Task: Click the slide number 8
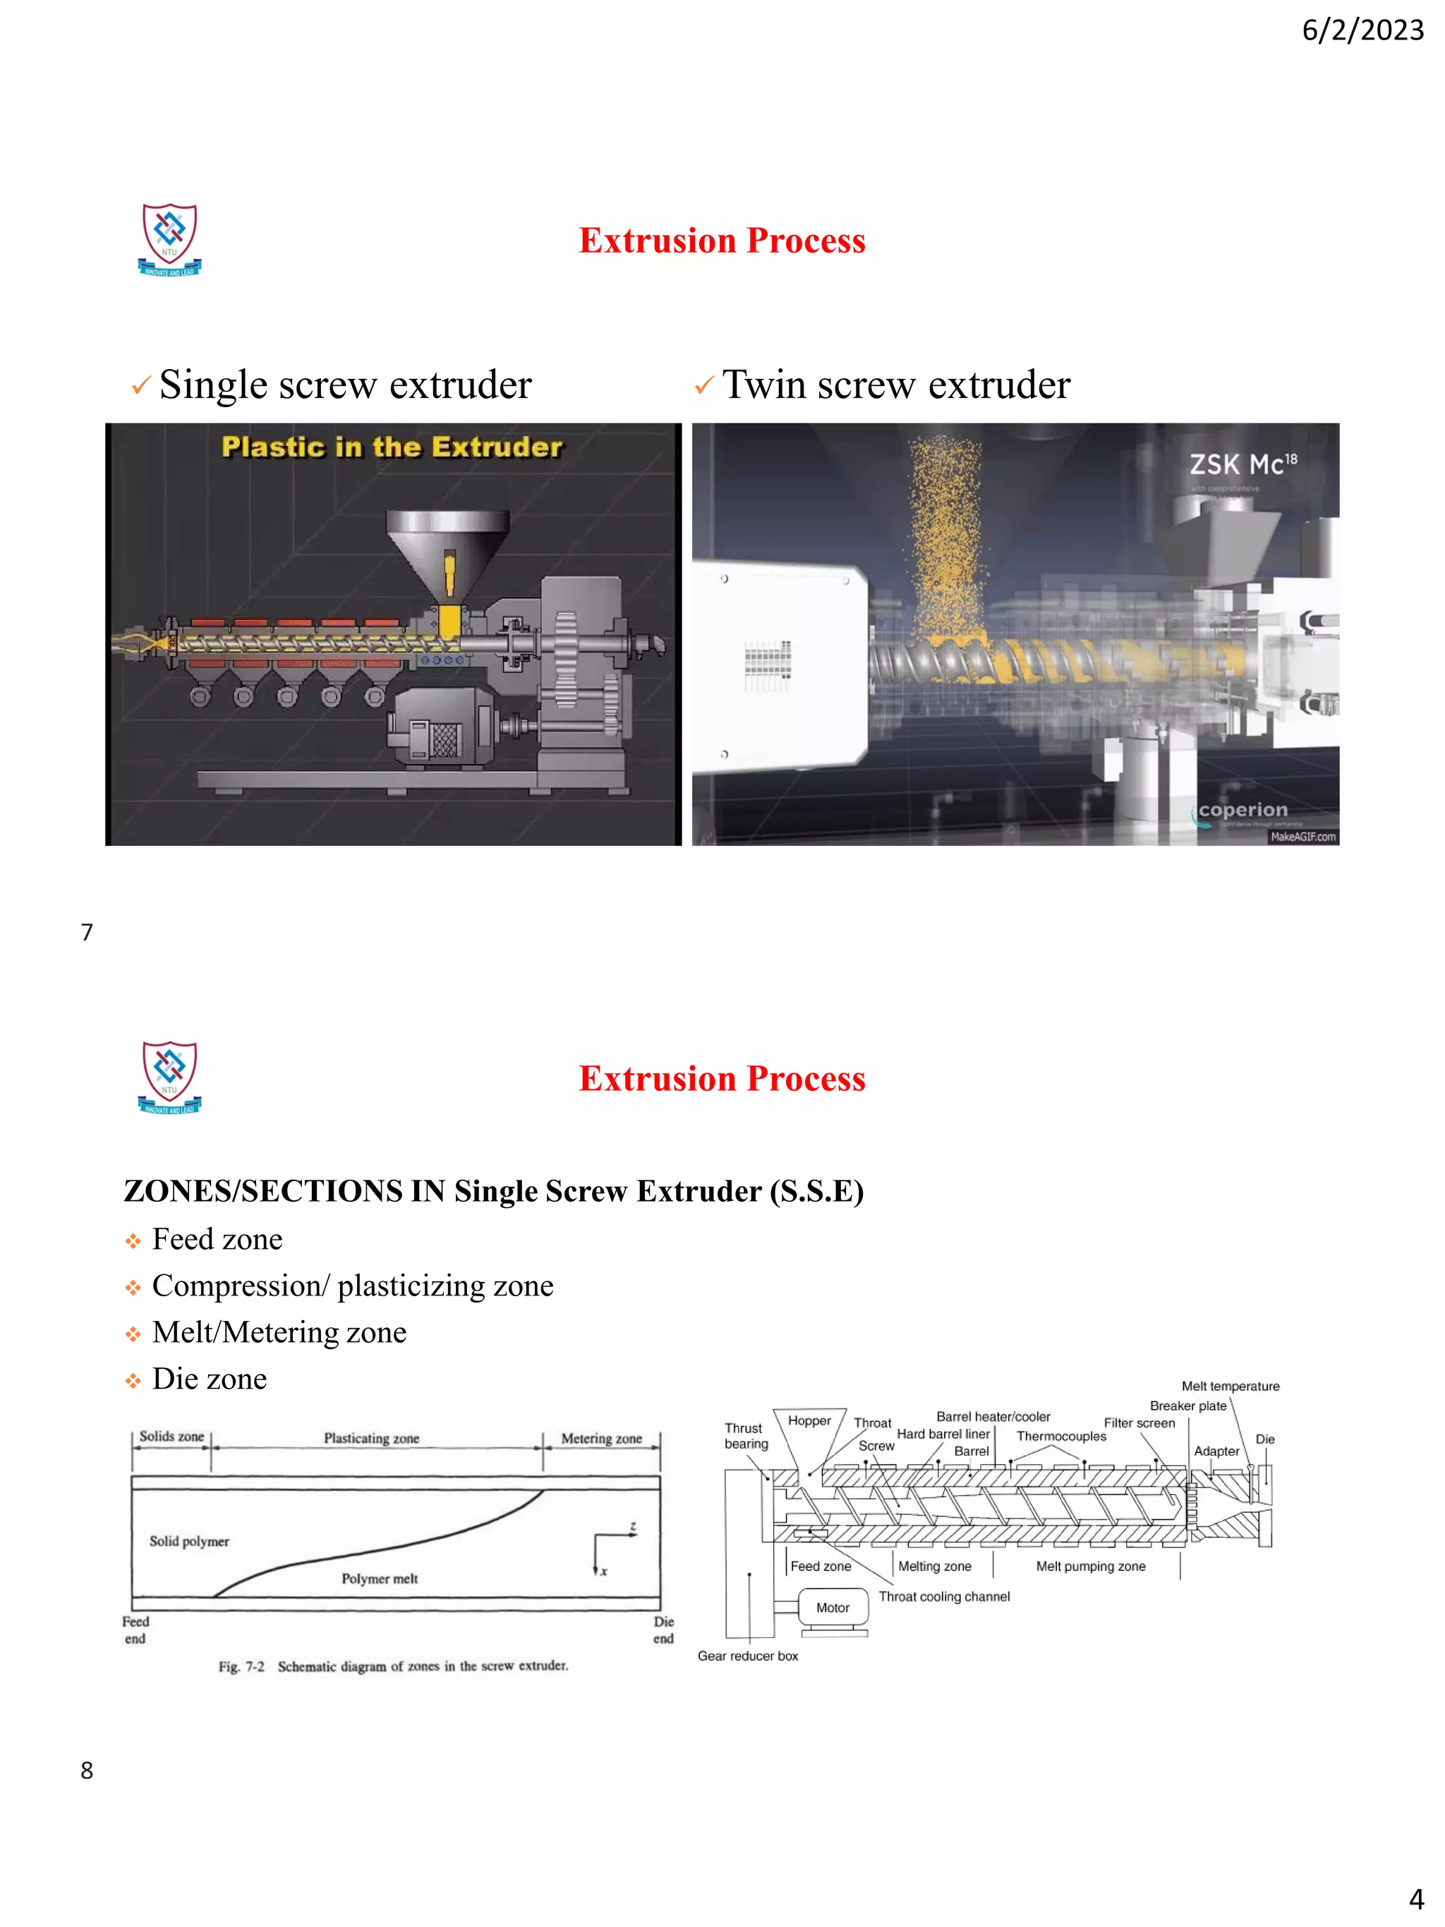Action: point(86,1770)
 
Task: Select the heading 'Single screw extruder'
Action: point(345,385)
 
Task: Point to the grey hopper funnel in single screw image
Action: point(448,549)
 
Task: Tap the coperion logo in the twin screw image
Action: point(1241,810)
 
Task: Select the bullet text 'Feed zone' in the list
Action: point(217,1239)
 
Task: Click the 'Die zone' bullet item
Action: point(209,1378)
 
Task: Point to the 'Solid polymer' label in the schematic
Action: point(189,1541)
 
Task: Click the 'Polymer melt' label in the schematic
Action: point(379,1578)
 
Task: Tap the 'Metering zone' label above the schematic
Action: point(601,1438)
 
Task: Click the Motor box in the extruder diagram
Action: point(833,1607)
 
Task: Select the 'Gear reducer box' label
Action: point(747,1655)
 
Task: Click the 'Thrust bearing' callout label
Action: point(746,1436)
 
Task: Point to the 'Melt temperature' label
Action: point(1230,1386)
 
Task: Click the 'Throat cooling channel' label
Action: point(944,1596)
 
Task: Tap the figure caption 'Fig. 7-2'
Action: point(241,1667)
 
